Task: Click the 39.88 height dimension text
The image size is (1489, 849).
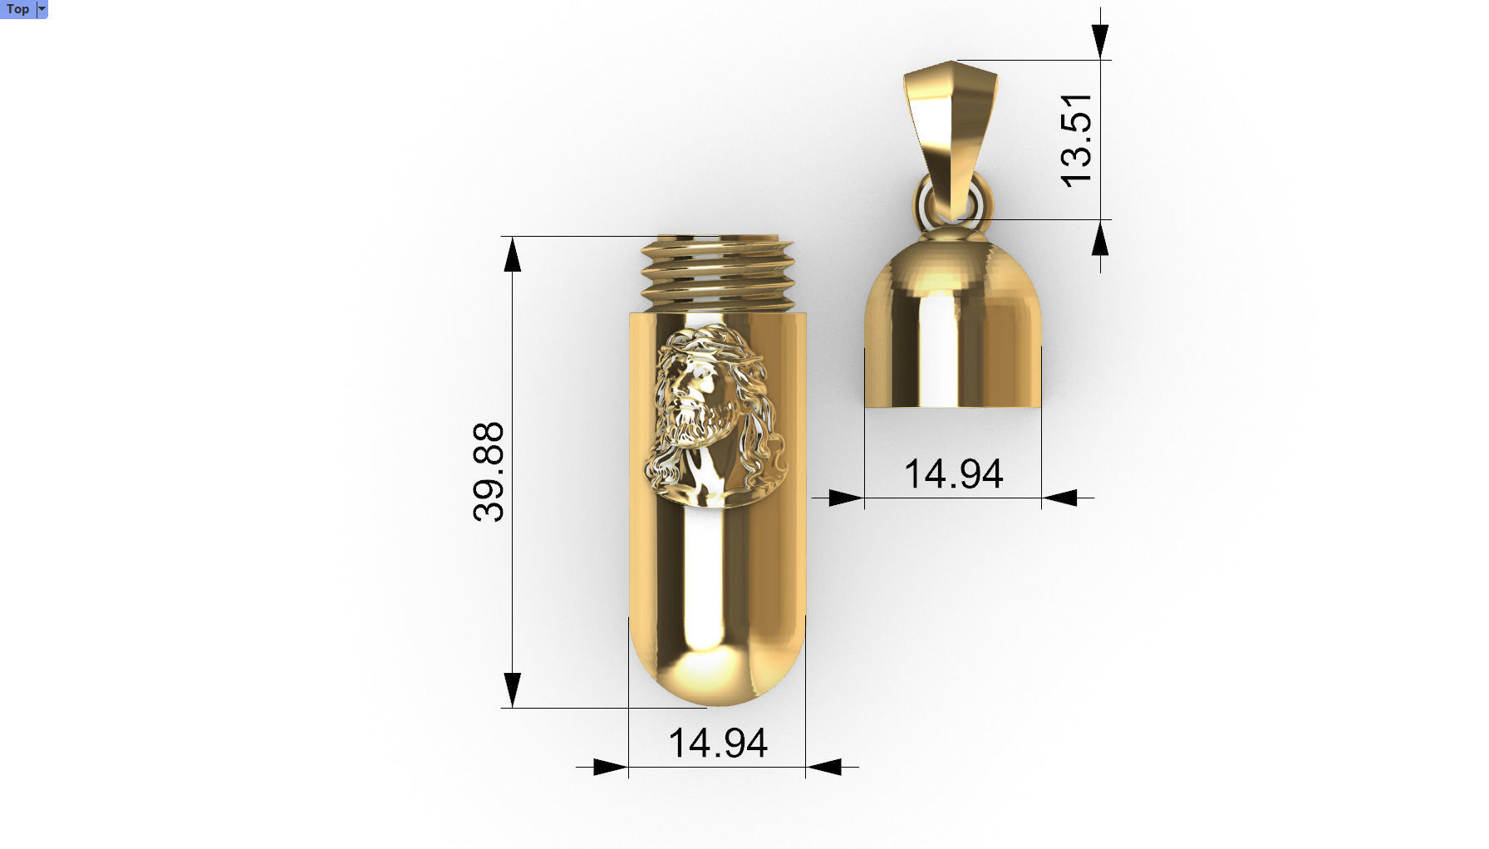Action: click(489, 472)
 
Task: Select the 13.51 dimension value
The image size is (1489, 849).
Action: click(1077, 140)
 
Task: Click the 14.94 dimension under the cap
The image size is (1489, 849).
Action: click(953, 474)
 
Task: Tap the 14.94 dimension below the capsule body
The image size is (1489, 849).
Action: click(717, 743)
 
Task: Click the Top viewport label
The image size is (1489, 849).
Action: click(17, 9)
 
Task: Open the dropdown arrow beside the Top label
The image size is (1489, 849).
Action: click(42, 9)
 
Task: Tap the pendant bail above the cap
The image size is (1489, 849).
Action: click(950, 125)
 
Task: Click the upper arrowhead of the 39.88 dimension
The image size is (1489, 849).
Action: click(513, 254)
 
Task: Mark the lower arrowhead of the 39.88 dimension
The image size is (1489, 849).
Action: click(513, 690)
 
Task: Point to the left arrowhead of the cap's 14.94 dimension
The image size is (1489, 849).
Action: click(846, 498)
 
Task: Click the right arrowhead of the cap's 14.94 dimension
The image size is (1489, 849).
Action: click(1060, 498)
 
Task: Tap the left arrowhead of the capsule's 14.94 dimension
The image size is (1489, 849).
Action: click(610, 768)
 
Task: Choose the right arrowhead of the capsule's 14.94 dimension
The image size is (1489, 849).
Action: click(824, 768)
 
